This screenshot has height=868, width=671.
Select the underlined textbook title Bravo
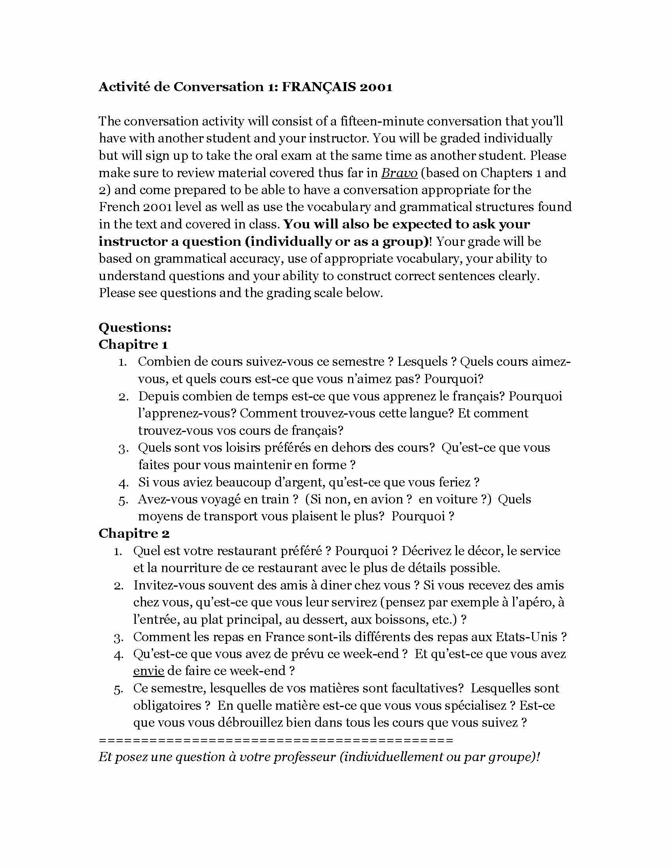point(399,173)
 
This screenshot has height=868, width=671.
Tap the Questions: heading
point(135,327)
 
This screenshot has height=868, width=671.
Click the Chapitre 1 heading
point(133,344)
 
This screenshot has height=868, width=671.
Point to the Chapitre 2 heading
point(134,533)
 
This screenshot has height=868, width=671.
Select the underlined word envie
point(149,671)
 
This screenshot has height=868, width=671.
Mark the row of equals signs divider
point(276,740)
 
